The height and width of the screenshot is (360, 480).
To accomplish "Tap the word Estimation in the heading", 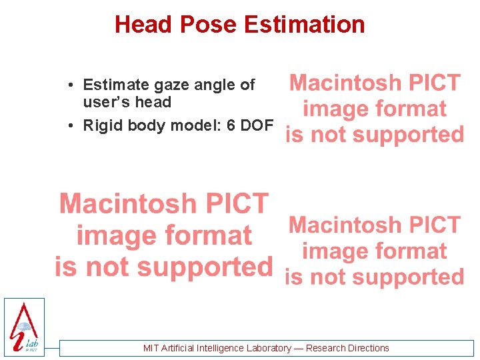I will point(304,25).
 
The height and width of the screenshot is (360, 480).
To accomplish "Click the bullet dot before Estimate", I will point(71,85).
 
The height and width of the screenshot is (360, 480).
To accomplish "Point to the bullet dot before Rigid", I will point(71,127).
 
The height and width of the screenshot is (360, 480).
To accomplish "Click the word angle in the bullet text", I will point(213,85).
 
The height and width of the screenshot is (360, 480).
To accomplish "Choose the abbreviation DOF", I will point(257,126).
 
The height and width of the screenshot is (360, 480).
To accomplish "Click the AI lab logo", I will point(24,327).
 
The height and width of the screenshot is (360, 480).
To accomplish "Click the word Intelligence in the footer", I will point(221,348).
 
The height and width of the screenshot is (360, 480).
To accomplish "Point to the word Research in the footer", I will point(326,348).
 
